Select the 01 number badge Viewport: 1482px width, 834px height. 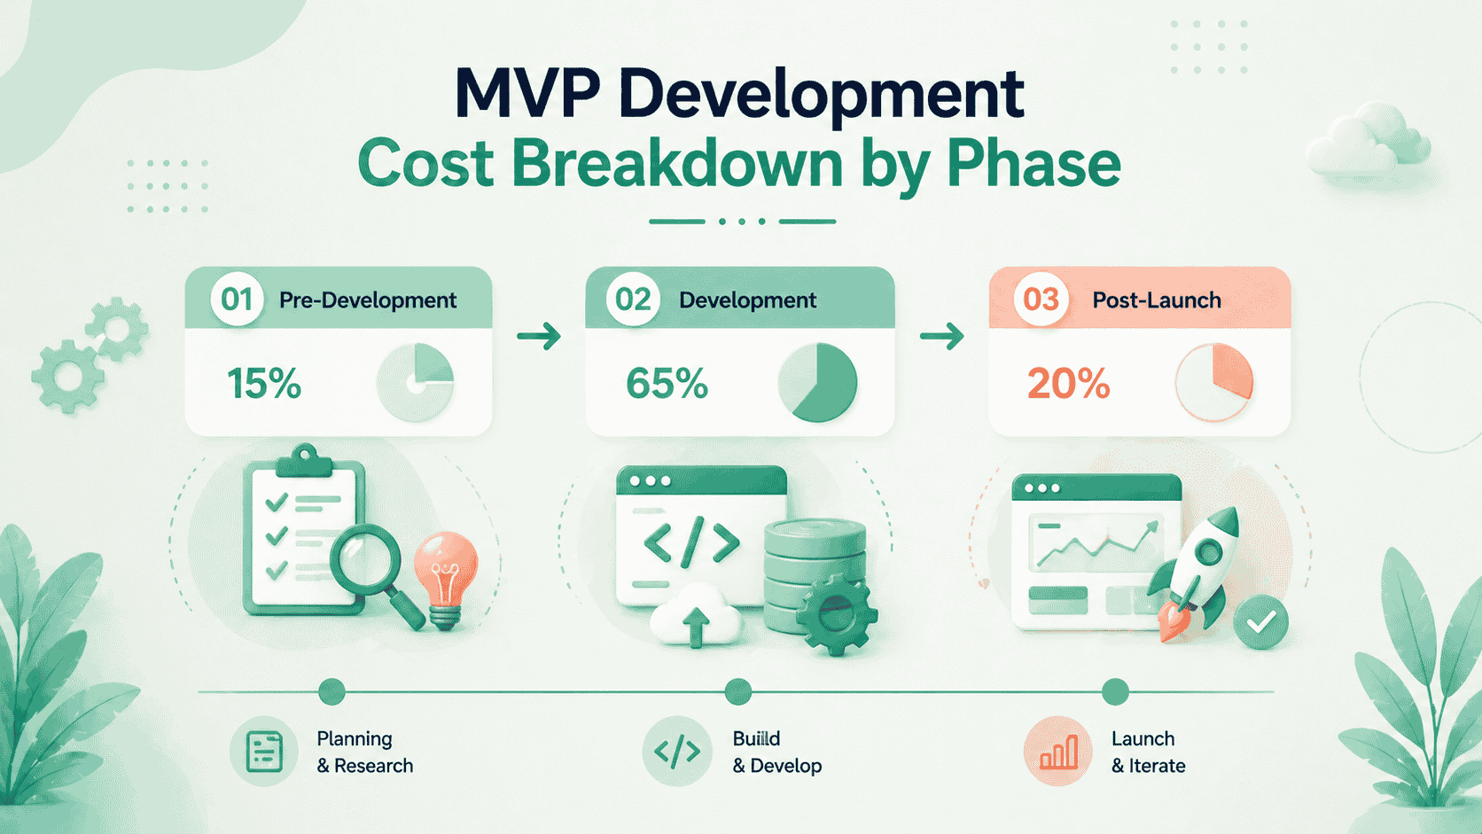tap(237, 300)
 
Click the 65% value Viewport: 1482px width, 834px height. tap(667, 384)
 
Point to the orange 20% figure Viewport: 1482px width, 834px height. tap(1068, 384)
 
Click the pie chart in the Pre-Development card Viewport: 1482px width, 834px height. tap(416, 382)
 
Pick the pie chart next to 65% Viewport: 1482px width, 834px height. tap(817, 382)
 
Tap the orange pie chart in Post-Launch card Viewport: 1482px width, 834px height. tap(1214, 382)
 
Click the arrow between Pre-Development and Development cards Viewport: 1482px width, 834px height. tap(539, 336)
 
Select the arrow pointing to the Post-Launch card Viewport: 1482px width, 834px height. tap(941, 336)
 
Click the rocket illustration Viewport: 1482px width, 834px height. tap(1197, 567)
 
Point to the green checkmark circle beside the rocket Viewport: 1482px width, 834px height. tap(1260, 622)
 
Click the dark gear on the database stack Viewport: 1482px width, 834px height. tap(835, 612)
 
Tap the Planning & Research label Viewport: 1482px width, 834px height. tap(364, 752)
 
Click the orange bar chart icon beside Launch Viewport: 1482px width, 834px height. tap(1058, 752)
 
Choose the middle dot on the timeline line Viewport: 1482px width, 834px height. tap(737, 691)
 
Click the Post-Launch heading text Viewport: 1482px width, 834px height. tap(1156, 300)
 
